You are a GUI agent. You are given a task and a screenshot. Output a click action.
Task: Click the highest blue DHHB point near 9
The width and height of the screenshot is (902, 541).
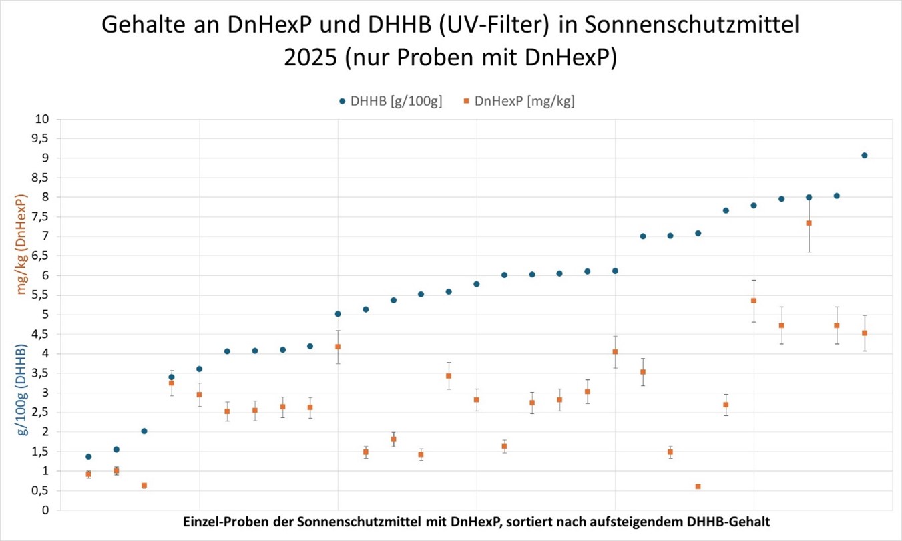point(865,155)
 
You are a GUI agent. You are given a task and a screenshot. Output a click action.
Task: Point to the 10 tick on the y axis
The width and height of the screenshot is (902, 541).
point(43,119)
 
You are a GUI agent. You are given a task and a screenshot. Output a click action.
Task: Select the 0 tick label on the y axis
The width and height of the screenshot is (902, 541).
point(46,510)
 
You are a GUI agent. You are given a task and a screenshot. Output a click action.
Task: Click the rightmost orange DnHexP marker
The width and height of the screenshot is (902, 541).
point(865,333)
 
